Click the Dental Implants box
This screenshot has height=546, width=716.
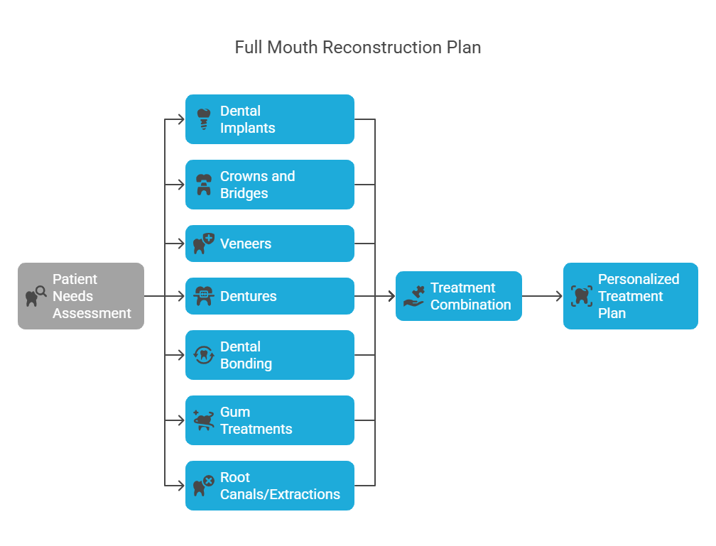tap(269, 119)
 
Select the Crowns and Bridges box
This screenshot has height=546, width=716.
tap(269, 185)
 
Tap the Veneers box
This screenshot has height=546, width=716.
tap(269, 244)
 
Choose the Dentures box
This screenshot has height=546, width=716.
tap(269, 296)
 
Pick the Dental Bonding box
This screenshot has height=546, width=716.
tap(269, 355)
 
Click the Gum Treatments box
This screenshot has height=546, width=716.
tap(269, 420)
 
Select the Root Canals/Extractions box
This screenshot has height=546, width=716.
tap(269, 485)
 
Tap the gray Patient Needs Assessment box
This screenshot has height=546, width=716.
tap(81, 296)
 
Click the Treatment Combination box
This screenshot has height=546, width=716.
tap(458, 296)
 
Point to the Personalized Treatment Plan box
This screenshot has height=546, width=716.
tap(630, 296)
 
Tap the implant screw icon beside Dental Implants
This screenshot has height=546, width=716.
tap(204, 119)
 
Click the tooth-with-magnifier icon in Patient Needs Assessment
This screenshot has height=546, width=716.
tap(36, 296)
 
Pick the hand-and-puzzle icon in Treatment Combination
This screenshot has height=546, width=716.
tap(414, 296)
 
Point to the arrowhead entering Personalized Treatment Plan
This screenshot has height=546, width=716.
tap(559, 296)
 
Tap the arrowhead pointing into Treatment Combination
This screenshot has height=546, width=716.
tap(391, 296)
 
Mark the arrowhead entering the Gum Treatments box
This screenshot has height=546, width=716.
tap(181, 420)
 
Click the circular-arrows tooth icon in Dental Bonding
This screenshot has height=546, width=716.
tap(204, 355)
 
